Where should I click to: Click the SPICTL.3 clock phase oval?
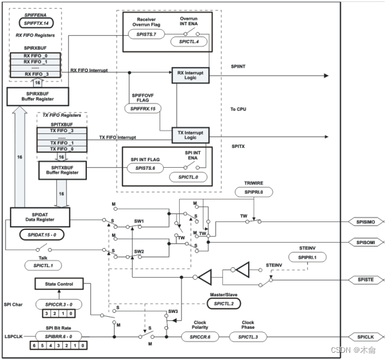pyautogui.click(x=249, y=337)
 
